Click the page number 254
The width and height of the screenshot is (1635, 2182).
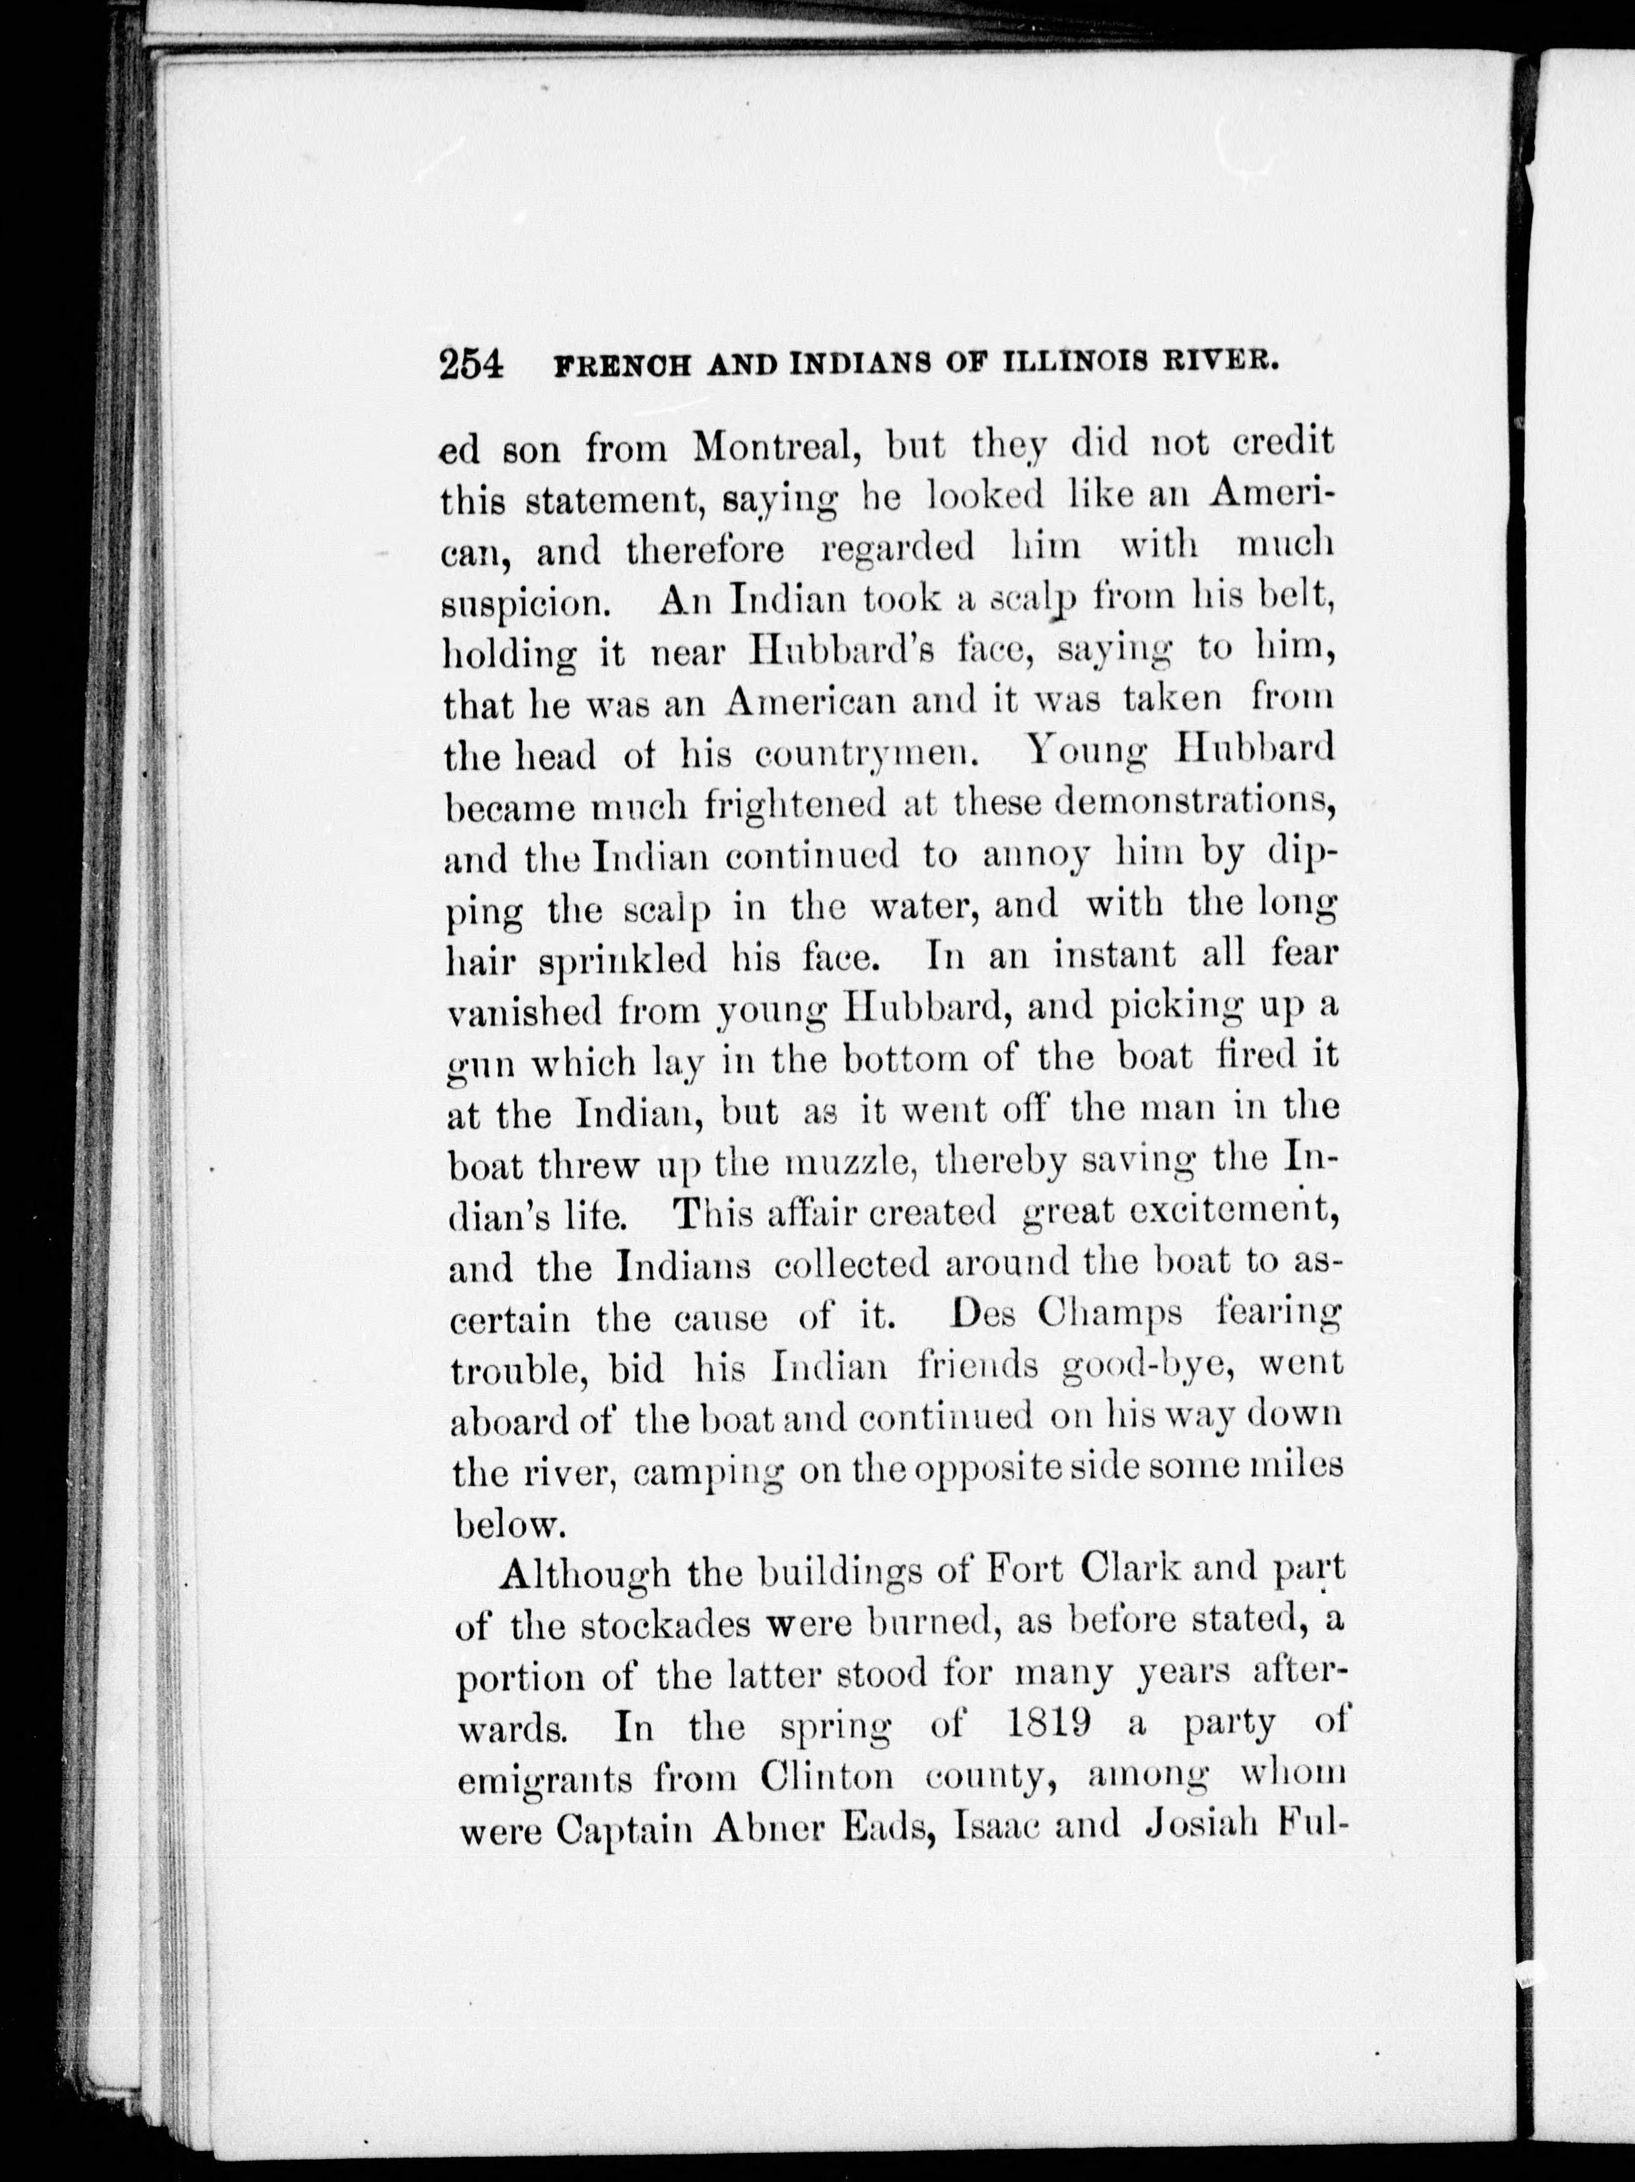coord(472,365)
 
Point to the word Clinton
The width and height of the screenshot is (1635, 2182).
coord(828,1777)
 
